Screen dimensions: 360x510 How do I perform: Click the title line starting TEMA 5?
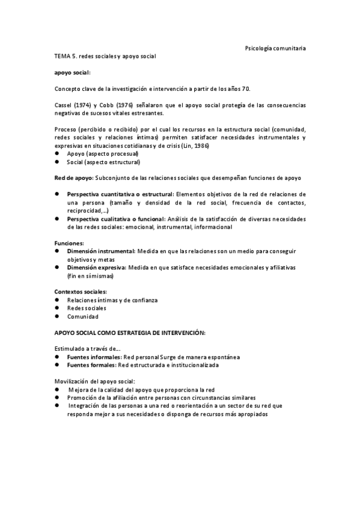coord(105,56)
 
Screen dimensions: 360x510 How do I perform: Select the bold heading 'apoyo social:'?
coord(72,72)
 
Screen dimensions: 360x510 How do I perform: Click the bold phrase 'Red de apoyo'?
coord(73,178)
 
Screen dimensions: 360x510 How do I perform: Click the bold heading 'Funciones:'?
coord(69,242)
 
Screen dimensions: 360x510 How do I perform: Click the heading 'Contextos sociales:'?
coord(81,292)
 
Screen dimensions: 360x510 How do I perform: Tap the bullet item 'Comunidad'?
coord(83,316)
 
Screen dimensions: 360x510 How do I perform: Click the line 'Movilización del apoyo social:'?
coord(95,381)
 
